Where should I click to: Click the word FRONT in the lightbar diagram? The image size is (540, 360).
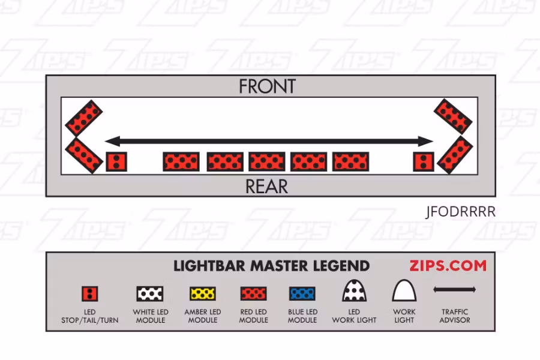(267, 86)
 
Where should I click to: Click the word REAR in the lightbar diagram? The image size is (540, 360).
(266, 187)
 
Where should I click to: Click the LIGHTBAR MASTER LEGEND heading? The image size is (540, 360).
(271, 266)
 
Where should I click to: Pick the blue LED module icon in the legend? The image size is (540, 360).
(302, 293)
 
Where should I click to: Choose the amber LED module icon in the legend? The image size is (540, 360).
(203, 293)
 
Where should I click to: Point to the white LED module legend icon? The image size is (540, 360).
(150, 293)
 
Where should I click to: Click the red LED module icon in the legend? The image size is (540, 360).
(253, 293)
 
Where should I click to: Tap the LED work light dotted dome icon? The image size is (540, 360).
(354, 291)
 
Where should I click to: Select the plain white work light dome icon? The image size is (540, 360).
(404, 291)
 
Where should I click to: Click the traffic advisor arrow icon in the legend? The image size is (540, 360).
(455, 290)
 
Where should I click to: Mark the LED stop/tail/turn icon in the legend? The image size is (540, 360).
(90, 293)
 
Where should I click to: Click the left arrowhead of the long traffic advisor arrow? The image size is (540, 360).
(110, 142)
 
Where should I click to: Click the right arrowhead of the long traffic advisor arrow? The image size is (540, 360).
(427, 142)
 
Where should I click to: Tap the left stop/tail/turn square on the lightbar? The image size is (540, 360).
(116, 161)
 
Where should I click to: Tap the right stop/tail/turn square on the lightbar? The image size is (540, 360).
(424, 161)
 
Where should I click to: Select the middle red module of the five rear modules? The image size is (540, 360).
(267, 161)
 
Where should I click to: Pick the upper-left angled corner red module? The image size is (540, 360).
(83, 117)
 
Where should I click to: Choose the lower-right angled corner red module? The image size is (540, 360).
(455, 155)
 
